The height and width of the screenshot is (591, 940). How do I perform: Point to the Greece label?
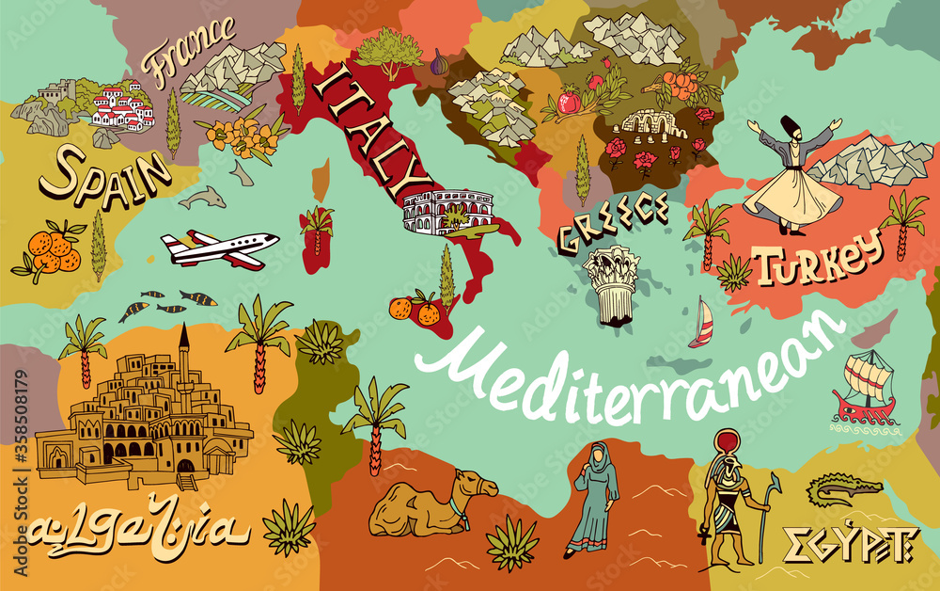tap(612, 223)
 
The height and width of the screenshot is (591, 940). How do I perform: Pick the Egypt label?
tap(849, 544)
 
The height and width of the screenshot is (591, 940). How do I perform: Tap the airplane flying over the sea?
tap(221, 248)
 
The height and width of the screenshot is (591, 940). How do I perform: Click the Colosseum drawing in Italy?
tap(442, 213)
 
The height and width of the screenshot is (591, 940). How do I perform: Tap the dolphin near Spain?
tap(202, 198)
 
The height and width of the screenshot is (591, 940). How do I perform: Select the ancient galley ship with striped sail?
tap(864, 386)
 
